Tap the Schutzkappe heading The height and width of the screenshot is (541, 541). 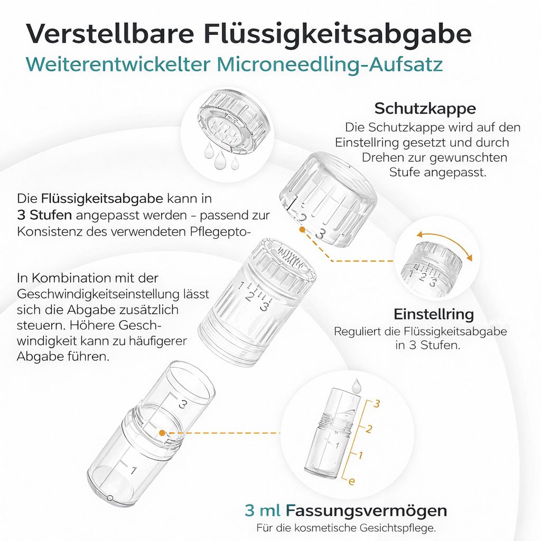(425, 108)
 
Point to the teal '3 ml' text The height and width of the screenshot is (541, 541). (263, 511)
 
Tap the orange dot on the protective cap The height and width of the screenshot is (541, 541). (301, 229)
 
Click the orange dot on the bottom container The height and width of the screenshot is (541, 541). (163, 433)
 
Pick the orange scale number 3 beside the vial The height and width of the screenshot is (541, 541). (377, 404)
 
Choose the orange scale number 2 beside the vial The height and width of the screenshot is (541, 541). (369, 429)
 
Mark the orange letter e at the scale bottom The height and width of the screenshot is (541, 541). (352, 480)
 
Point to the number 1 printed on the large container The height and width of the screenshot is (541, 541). (134, 470)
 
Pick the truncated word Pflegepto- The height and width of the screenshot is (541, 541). (226, 231)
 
